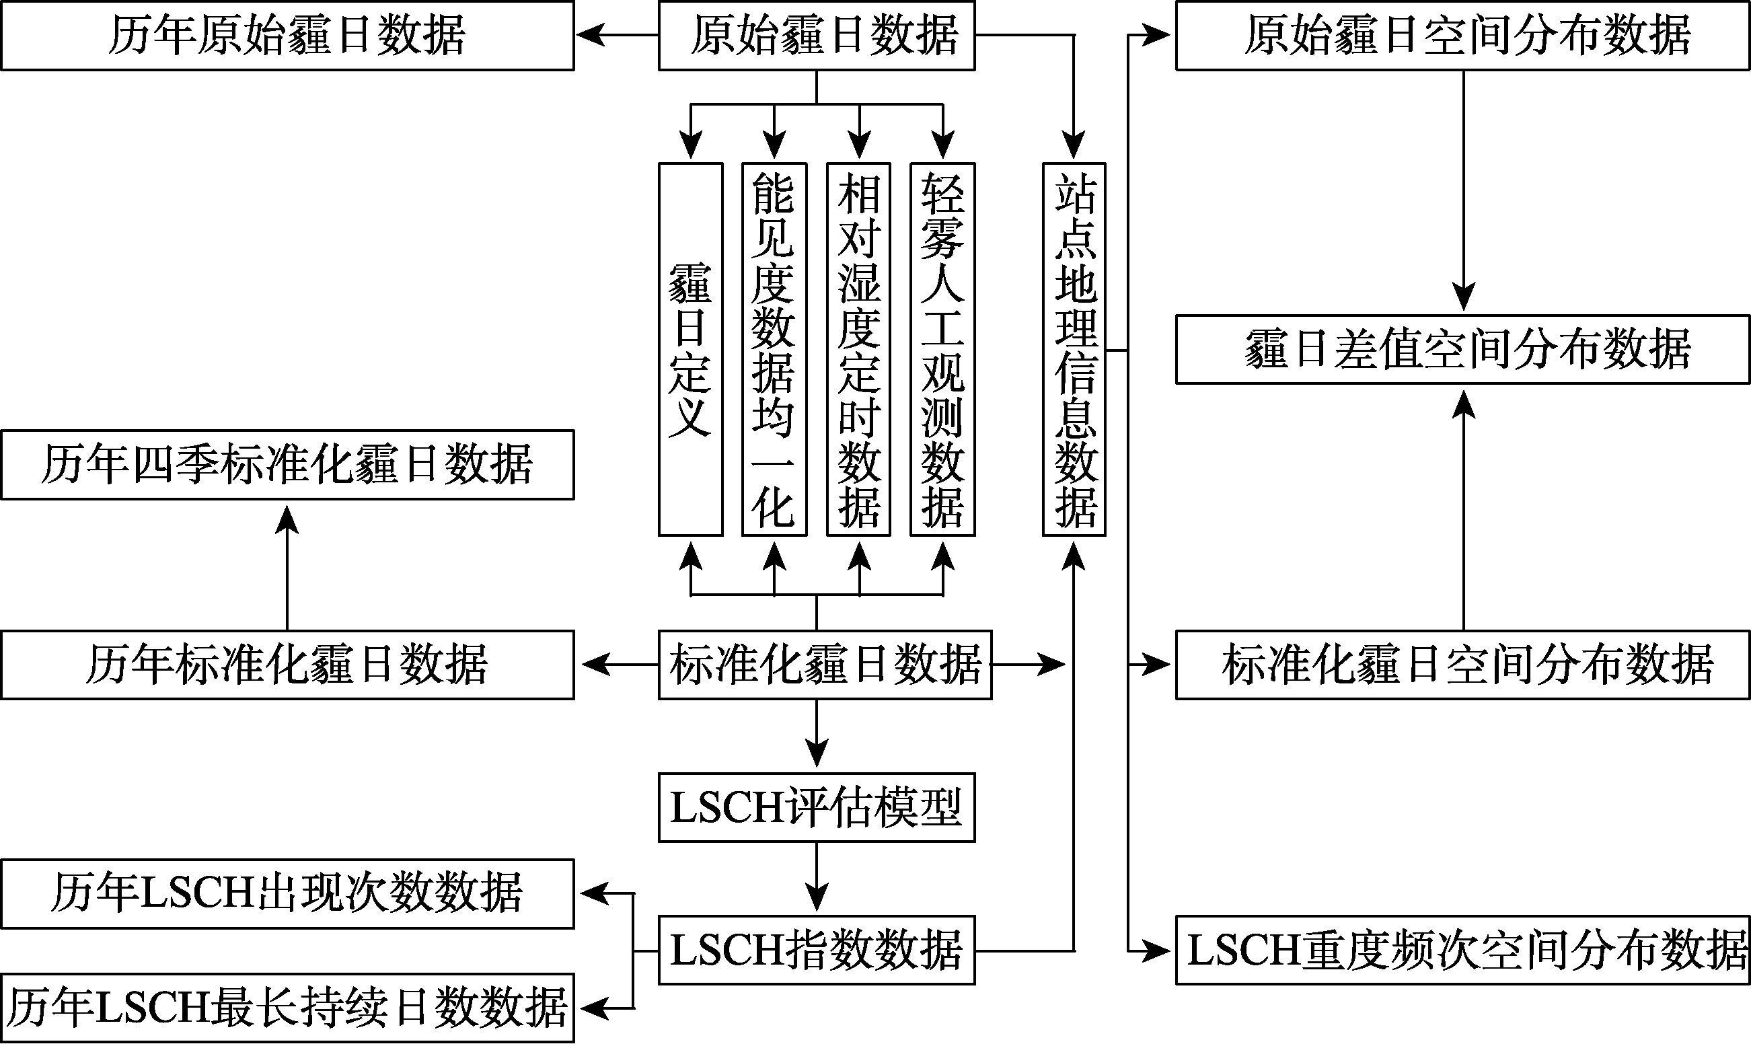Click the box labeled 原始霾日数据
tap(816, 36)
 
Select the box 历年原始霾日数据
tap(287, 36)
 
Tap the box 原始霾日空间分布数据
tap(1462, 36)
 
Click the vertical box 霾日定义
tap(690, 350)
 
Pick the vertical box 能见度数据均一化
tap(774, 350)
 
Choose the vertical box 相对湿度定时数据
tap(858, 350)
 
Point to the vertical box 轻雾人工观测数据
tap(942, 350)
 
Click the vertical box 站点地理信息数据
tap(1074, 350)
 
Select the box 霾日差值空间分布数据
tap(1462, 350)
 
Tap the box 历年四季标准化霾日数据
tap(287, 465)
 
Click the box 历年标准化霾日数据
tap(287, 665)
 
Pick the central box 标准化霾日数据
tap(825, 665)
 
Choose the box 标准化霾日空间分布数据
tap(1462, 665)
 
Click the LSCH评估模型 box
tap(816, 808)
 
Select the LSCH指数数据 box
tap(816, 950)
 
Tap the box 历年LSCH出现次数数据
tap(287, 893)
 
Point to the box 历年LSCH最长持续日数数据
tap(287, 1008)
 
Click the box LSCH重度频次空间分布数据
tap(1462, 950)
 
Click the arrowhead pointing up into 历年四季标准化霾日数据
tap(287, 519)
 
